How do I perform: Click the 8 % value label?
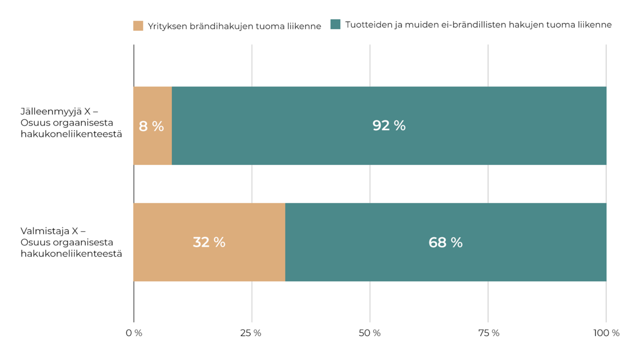pyautogui.click(x=151, y=126)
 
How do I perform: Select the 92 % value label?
pyautogui.click(x=389, y=126)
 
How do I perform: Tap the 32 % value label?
pyautogui.click(x=209, y=242)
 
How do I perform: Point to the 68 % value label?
pyautogui.click(x=445, y=242)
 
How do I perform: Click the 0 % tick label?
pyautogui.click(x=134, y=333)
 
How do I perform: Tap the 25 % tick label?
pyautogui.click(x=251, y=333)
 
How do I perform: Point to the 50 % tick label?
pyautogui.click(x=369, y=333)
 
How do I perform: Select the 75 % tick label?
pyautogui.click(x=489, y=333)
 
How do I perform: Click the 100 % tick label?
pyautogui.click(x=606, y=333)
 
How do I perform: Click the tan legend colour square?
pyautogui.click(x=138, y=26)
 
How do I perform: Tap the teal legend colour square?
pyautogui.click(x=335, y=24)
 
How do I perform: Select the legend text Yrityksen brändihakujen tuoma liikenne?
pyautogui.click(x=234, y=26)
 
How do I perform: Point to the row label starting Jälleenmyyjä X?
pyautogui.click(x=71, y=123)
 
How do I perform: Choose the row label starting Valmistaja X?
pyautogui.click(x=71, y=242)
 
